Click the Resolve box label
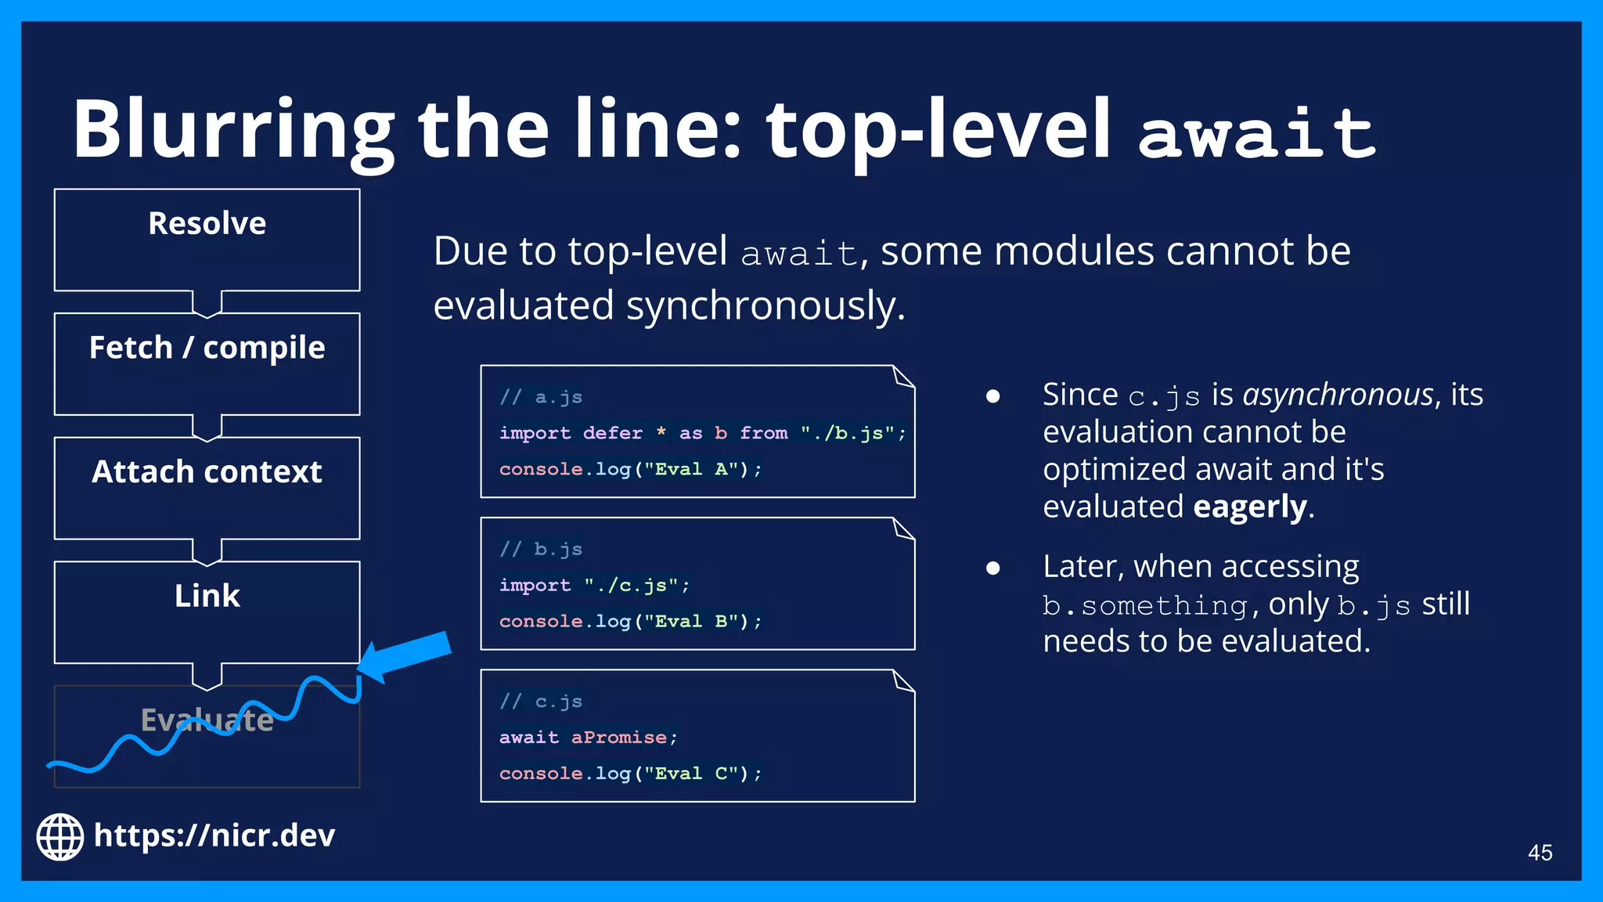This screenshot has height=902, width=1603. click(207, 224)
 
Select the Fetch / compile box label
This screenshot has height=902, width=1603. click(207, 348)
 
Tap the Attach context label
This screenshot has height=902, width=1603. click(207, 472)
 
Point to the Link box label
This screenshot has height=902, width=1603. click(207, 597)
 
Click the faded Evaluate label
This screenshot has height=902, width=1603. click(207, 720)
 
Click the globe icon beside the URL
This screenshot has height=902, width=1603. click(60, 837)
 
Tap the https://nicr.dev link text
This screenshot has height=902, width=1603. click(214, 836)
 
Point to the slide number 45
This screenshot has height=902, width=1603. click(1540, 853)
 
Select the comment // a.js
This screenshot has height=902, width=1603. click(542, 398)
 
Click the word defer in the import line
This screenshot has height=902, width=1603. click(612, 433)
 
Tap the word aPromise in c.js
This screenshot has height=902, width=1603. click(619, 738)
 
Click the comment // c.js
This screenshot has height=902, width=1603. click(542, 702)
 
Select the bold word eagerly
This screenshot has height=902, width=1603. click(1250, 507)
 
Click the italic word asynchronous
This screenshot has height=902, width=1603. click(1338, 395)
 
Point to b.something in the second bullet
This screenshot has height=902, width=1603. click(1145, 605)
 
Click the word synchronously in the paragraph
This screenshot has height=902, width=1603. click(765, 306)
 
